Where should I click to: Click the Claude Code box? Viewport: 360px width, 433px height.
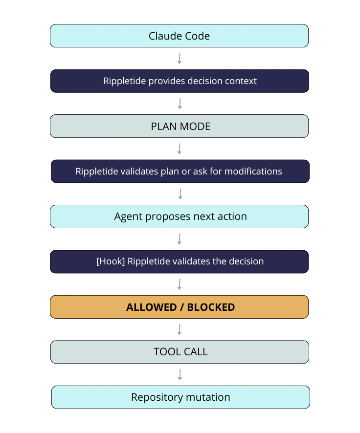point(179,36)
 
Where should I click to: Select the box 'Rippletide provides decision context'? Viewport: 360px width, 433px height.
point(180,81)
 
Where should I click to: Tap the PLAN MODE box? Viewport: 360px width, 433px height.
point(180,126)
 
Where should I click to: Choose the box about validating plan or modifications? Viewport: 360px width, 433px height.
point(180,172)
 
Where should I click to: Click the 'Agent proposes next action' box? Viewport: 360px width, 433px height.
point(180,216)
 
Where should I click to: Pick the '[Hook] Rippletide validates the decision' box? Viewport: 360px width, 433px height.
point(180,261)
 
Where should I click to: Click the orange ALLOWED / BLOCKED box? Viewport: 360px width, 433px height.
point(180,307)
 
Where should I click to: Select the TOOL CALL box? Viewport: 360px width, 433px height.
point(180,352)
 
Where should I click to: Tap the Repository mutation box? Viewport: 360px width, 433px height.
point(180,397)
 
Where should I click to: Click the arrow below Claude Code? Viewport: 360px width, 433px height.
point(180,59)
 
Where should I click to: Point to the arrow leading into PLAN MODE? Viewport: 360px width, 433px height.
point(180,104)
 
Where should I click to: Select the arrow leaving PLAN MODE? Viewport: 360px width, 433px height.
point(180,149)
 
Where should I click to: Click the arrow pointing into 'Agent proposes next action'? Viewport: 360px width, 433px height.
point(180,194)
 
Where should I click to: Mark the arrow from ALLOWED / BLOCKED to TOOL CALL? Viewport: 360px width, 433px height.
point(180,329)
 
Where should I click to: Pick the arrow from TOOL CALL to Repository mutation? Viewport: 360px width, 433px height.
point(180,374)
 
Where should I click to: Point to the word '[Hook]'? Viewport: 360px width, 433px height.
point(111,261)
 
